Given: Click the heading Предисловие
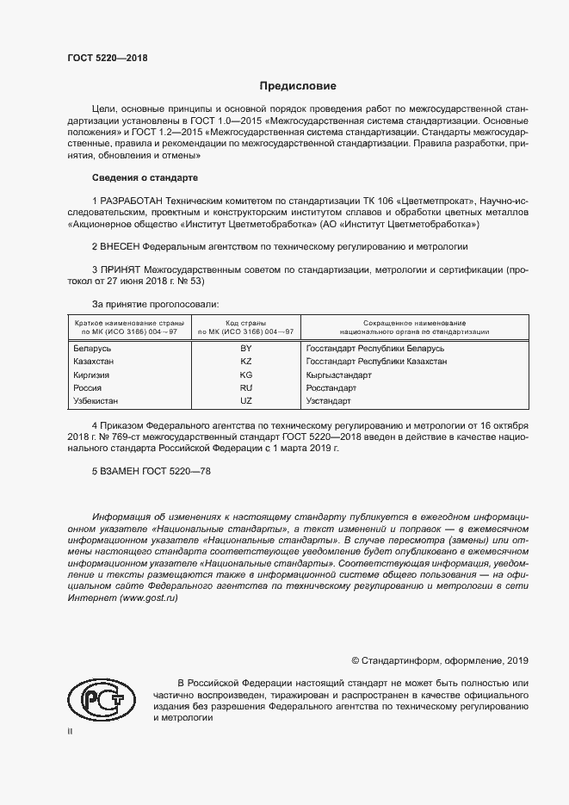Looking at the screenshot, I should [298, 86].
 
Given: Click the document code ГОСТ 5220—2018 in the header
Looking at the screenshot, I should [108, 57].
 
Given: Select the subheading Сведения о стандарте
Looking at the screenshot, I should [145, 177].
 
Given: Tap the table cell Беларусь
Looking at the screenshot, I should [93, 349].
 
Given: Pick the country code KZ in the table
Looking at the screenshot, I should [245, 362].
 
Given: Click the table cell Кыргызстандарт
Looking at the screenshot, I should [338, 375].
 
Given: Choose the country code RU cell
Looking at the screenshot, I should [245, 388].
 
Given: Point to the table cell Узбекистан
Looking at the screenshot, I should [96, 401].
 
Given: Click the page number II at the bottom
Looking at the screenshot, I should [71, 731].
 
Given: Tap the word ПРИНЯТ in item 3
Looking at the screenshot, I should [121, 269].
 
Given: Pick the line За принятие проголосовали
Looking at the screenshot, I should [155, 304].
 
